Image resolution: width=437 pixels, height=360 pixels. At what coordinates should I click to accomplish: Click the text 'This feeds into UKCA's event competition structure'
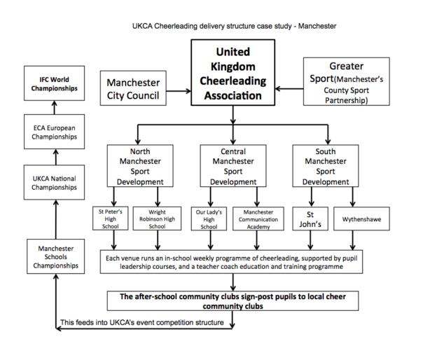click(x=143, y=322)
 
